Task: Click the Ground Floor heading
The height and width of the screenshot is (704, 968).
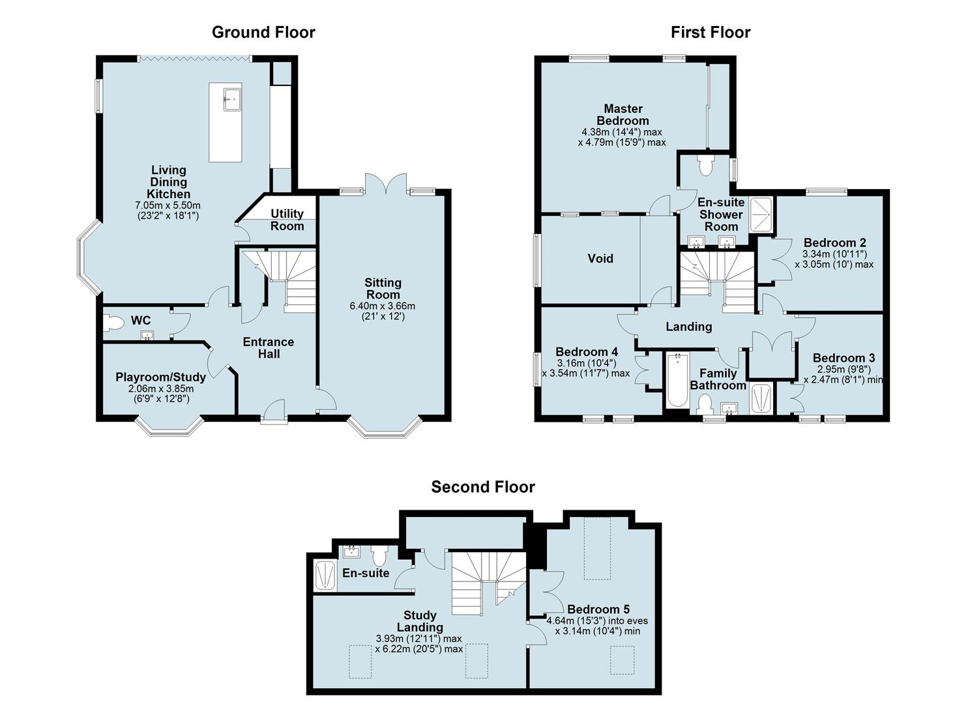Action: (x=263, y=33)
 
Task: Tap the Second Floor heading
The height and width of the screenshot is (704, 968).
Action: (x=483, y=487)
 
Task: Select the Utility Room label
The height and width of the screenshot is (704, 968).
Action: (x=287, y=220)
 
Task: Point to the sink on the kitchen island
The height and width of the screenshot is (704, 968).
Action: (x=232, y=100)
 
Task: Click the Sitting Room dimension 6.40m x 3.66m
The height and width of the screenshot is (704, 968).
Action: (x=383, y=306)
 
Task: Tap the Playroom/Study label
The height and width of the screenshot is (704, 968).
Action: (x=161, y=377)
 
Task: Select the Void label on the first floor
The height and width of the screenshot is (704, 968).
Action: (x=600, y=258)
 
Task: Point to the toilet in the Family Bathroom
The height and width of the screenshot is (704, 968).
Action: (x=705, y=405)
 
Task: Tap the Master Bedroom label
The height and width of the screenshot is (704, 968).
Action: (x=623, y=115)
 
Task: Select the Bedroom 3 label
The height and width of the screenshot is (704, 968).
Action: (x=843, y=358)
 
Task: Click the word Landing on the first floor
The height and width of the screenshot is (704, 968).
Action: (x=689, y=327)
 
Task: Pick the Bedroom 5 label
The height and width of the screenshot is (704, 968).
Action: (x=598, y=609)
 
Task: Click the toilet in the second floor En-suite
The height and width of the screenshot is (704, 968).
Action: (x=380, y=555)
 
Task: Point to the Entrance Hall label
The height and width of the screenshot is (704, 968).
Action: (x=269, y=348)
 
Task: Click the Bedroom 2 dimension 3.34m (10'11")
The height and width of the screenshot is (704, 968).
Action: (x=835, y=254)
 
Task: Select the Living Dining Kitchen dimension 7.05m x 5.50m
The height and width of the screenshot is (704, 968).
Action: (x=168, y=205)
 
